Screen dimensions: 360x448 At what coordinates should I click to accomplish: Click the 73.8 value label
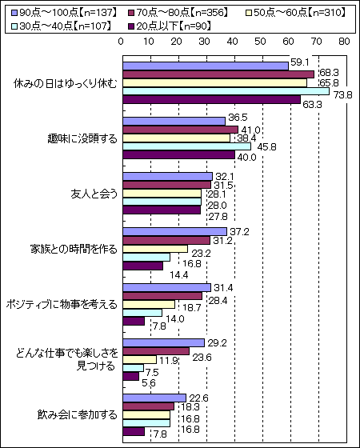(x=343, y=94)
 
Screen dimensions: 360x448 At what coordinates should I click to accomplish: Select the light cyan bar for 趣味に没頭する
(x=187, y=146)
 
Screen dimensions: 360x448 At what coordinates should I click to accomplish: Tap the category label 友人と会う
(x=94, y=194)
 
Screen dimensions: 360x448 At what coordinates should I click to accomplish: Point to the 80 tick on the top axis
(x=344, y=42)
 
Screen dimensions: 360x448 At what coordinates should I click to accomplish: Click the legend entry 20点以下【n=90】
(x=170, y=26)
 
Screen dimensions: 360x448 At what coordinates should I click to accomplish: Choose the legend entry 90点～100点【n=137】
(x=64, y=13)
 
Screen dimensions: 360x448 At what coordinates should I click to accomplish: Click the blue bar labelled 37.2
(x=175, y=232)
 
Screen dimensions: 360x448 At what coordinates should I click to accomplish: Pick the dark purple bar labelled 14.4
(x=143, y=266)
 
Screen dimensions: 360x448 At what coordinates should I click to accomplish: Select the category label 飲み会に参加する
(x=77, y=414)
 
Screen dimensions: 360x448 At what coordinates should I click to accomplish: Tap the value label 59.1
(x=300, y=62)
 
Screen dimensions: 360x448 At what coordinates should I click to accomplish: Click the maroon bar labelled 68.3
(x=218, y=74)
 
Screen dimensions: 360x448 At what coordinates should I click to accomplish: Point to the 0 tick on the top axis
(x=121, y=42)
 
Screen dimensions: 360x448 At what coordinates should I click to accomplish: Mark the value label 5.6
(x=149, y=383)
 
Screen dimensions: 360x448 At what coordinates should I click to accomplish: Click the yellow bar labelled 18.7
(x=149, y=305)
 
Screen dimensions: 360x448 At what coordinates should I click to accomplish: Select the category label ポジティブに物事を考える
(x=62, y=305)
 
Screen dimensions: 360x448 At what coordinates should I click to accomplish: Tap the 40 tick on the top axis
(x=232, y=42)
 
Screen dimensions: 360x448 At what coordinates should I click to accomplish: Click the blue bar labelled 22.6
(x=154, y=398)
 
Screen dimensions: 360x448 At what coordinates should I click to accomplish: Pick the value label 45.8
(x=267, y=147)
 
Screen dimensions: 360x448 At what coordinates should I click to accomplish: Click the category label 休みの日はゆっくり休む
(x=66, y=84)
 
